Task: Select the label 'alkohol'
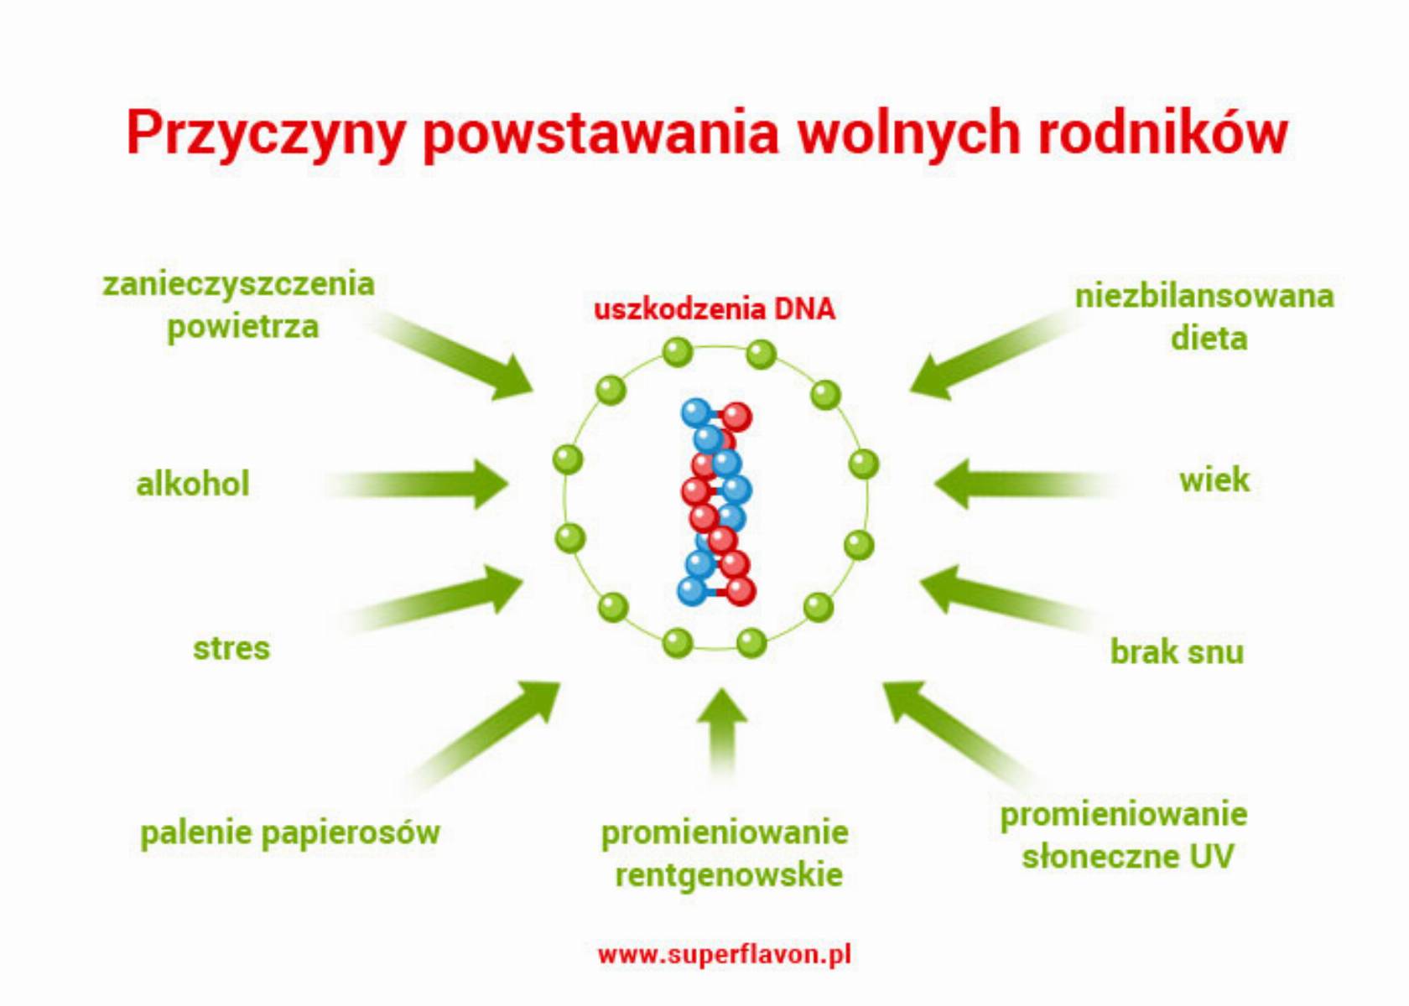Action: [x=193, y=484]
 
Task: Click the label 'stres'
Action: [x=231, y=648]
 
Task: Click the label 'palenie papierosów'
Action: [x=290, y=833]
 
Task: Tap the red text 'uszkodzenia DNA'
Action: [x=715, y=309]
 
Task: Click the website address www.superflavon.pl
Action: [x=725, y=954]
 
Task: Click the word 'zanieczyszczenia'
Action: [x=238, y=284]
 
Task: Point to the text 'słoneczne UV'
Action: [x=1127, y=857]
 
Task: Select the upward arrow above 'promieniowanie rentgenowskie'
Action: [x=722, y=733]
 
